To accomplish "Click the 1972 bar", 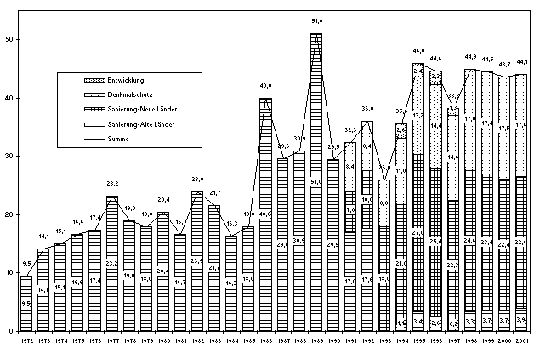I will pyautogui.click(x=26, y=303).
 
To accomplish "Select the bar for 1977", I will pyautogui.click(x=112, y=263).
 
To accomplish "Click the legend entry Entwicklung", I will pyautogui.click(x=125, y=80).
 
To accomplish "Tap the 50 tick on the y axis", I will pyautogui.click(x=8, y=40).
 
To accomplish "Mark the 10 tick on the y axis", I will pyautogui.click(x=8, y=273).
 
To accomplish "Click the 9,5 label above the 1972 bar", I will pyautogui.click(x=26, y=263).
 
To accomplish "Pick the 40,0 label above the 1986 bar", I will pyautogui.click(x=265, y=85).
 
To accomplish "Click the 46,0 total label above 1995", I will pyautogui.click(x=418, y=50).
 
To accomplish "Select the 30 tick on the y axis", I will pyautogui.click(x=8, y=157).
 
